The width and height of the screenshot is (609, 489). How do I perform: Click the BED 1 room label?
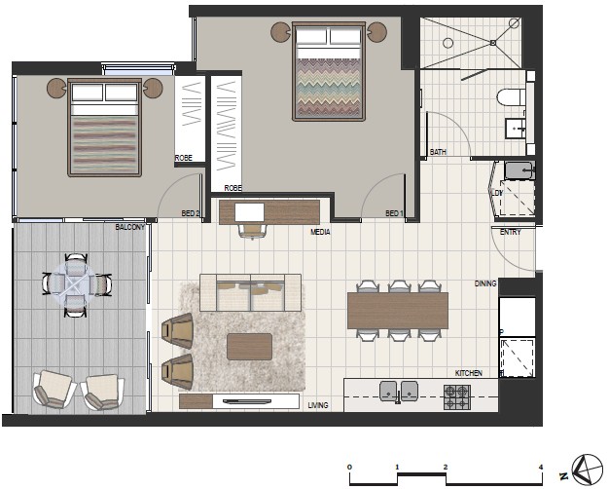[394, 213]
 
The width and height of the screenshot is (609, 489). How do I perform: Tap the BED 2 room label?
[191, 213]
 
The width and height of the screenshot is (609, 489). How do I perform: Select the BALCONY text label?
[129, 227]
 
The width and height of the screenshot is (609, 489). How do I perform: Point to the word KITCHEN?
[468, 373]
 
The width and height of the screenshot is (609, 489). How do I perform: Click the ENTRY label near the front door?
[511, 232]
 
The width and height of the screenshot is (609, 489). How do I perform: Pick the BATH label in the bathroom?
[438, 152]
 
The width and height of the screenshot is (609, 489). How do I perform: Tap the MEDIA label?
[320, 232]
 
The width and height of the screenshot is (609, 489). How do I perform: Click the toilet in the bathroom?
[511, 97]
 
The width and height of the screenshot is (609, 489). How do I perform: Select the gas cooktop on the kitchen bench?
[457, 397]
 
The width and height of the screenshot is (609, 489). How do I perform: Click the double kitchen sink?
[399, 391]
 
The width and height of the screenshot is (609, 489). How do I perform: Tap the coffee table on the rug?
[249, 346]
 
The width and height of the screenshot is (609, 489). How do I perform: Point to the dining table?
[398, 311]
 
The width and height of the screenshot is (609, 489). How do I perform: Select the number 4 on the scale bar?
[541, 468]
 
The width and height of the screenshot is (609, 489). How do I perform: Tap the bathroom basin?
[516, 129]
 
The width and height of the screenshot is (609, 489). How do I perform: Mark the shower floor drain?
[493, 43]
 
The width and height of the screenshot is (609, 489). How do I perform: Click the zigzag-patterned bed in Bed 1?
[329, 71]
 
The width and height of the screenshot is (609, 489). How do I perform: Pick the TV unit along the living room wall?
[239, 401]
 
